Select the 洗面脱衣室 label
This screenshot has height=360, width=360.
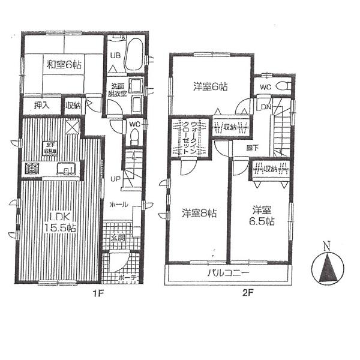117,89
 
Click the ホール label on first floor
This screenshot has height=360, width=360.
118,204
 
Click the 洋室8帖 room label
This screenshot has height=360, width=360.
199,212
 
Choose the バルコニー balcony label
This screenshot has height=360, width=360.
229,274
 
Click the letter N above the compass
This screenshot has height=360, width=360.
326,246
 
